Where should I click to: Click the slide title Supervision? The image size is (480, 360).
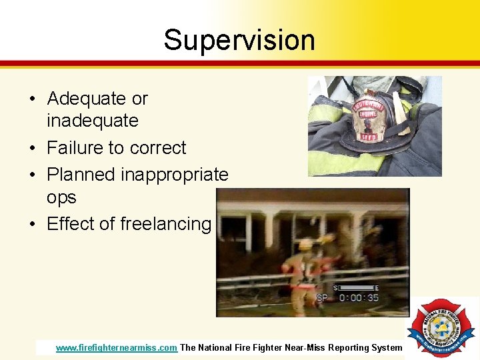(x=239, y=40)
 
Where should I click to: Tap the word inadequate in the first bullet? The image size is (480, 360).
(x=92, y=121)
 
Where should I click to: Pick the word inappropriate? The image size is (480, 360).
(x=175, y=175)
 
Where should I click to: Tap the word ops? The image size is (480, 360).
(x=61, y=198)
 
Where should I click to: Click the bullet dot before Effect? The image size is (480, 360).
(x=32, y=225)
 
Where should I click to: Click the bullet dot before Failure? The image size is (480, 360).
(x=32, y=148)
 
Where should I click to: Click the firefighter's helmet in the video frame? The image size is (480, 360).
(x=305, y=245)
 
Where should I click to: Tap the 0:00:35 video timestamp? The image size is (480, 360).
(x=359, y=297)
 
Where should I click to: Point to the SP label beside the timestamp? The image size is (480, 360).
(x=322, y=297)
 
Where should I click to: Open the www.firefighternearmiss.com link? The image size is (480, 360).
(x=116, y=347)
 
